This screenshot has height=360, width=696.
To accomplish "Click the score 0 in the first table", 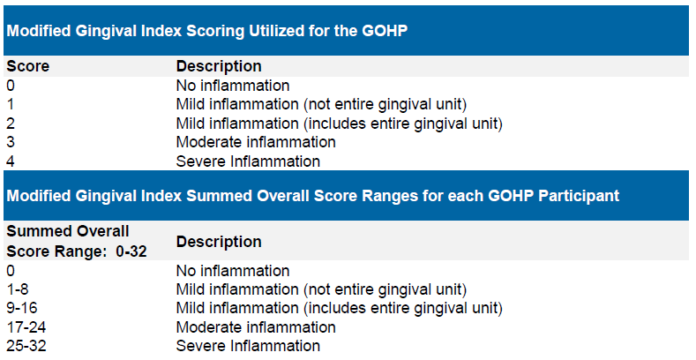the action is [11, 86].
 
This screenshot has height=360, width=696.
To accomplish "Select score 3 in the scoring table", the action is [11, 142].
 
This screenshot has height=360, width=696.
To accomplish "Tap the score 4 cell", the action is [11, 161].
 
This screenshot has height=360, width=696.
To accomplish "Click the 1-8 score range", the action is [18, 289].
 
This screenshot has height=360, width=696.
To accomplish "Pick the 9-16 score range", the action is [22, 308].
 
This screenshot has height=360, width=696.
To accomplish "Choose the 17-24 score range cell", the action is [26, 327].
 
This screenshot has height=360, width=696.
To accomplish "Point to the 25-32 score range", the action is [26, 346].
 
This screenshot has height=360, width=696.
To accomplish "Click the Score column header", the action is [28, 66].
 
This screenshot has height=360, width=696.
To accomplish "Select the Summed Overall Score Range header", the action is [77, 241].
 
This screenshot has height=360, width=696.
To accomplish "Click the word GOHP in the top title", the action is [385, 31].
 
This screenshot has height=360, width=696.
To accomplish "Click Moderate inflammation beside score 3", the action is [256, 142].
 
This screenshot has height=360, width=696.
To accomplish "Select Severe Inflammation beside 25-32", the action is [248, 346].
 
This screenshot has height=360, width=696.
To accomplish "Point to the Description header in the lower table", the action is [219, 242].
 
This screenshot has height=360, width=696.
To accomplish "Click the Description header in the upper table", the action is [219, 66].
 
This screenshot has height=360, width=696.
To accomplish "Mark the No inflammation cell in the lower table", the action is [233, 271].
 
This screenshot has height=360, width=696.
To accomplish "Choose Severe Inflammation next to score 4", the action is [248, 161].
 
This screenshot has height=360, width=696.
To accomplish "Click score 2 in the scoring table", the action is [11, 123].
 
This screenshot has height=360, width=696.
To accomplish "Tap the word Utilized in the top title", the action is [281, 31].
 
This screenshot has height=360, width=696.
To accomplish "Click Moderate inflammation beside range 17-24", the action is [256, 327].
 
